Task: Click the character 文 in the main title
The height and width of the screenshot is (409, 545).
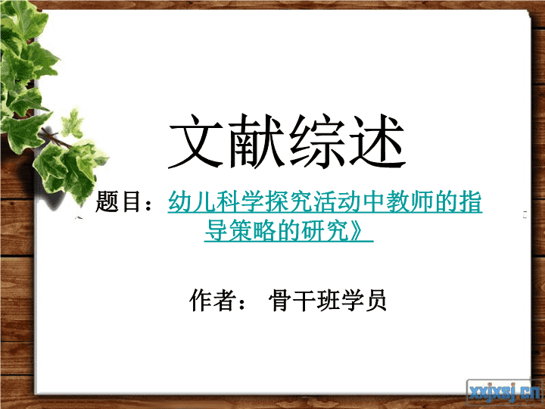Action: [x=197, y=141]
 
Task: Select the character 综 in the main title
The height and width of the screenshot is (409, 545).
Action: [x=316, y=141]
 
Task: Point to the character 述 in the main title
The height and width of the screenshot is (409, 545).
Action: [x=376, y=141]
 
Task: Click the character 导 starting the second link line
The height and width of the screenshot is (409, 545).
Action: [x=216, y=230]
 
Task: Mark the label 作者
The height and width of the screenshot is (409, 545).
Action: [x=212, y=299]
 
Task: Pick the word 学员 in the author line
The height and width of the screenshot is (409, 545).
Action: [x=364, y=299]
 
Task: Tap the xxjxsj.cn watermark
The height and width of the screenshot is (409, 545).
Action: [x=505, y=393]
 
